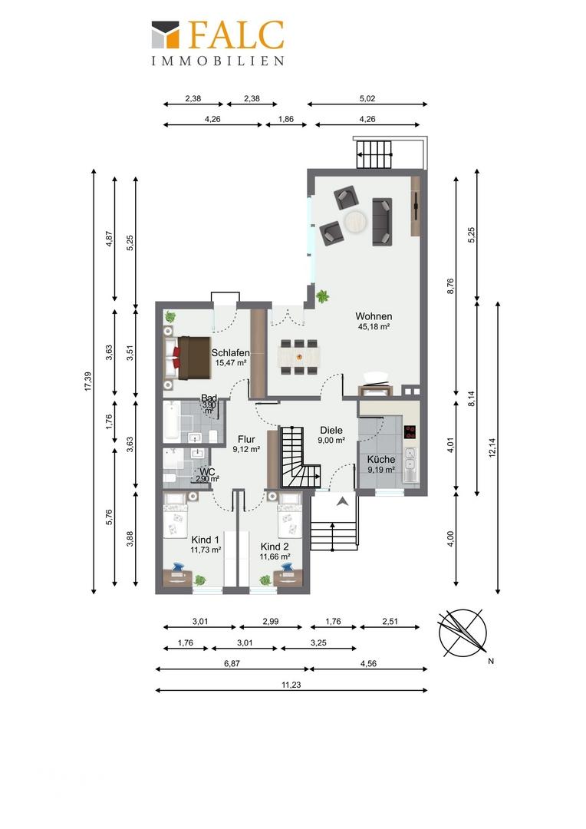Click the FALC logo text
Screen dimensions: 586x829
click(x=235, y=36)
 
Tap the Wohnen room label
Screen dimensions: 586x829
click(x=374, y=317)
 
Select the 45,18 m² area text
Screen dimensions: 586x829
click(x=374, y=327)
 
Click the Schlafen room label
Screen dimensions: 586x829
click(x=230, y=352)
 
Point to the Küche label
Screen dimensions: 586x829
click(x=381, y=460)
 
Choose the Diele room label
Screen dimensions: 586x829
click(x=331, y=431)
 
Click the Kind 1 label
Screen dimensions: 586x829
click(x=205, y=540)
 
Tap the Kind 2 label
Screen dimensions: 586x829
click(x=275, y=547)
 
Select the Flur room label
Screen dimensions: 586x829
click(x=246, y=439)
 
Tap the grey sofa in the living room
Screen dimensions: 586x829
click(x=382, y=222)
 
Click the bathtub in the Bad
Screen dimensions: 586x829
click(x=171, y=422)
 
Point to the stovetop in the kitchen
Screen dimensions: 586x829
click(x=410, y=432)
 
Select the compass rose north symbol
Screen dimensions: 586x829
click(x=463, y=632)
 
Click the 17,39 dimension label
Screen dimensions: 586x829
click(x=87, y=381)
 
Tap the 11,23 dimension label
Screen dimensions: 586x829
click(x=291, y=685)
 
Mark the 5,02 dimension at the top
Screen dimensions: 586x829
click(x=367, y=98)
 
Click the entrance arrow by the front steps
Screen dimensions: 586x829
click(x=343, y=501)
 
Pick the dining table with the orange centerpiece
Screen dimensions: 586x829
click(x=299, y=356)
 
